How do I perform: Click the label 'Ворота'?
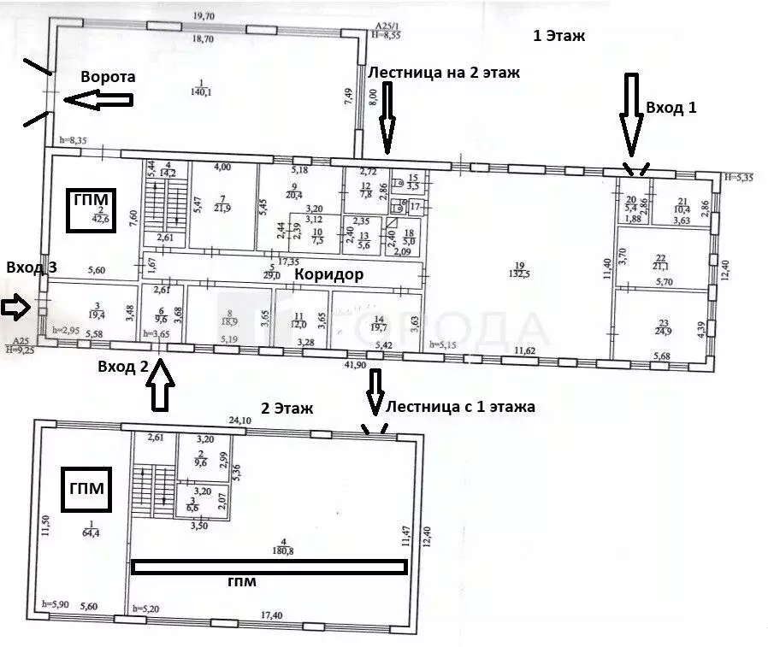pos(108,77)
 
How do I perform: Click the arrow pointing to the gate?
pos(98,101)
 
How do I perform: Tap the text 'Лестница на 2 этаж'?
pos(443,73)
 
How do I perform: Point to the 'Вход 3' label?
pos(32,268)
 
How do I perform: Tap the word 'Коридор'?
pos(329,274)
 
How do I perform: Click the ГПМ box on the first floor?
pos(90,209)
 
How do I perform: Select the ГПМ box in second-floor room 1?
pos(84,491)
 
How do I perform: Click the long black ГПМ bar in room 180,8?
pos(269,565)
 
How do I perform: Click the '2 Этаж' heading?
pos(287,409)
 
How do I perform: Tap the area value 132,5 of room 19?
pos(518,274)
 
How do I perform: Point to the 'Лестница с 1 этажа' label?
pos(461,407)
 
